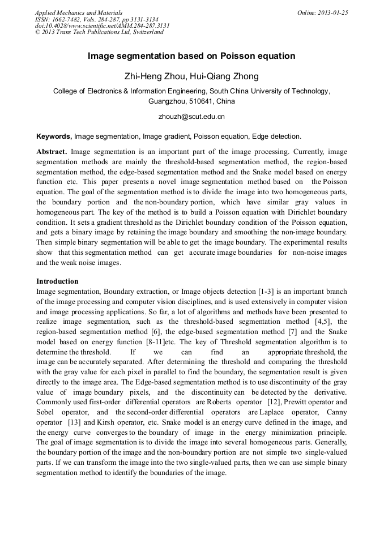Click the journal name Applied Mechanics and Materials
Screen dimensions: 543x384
79,12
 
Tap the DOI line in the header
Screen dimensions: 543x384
102,25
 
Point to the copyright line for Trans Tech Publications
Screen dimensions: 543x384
99,32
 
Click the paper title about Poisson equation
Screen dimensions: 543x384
191,56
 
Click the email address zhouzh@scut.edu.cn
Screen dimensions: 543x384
191,117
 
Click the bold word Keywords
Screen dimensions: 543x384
54,136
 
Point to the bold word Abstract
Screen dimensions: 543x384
52,152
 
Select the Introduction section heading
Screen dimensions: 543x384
57,281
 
